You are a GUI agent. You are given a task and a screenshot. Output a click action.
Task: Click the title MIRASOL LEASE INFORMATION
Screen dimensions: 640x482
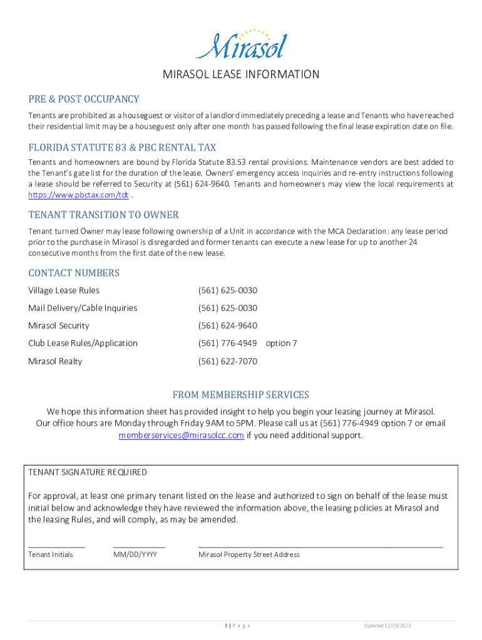[241, 75]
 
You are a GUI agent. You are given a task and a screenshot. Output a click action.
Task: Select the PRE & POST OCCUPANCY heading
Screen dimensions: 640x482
[84, 99]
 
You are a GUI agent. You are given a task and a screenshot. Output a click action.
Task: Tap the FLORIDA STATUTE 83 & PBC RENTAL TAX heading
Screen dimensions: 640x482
[122, 147]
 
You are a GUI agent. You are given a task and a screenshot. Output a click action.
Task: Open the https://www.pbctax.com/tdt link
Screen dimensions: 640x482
[78, 195]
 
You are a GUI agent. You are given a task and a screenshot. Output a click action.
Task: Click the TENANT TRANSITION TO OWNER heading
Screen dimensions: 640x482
[103, 215]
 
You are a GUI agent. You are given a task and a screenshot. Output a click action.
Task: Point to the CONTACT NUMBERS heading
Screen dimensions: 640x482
[74, 273]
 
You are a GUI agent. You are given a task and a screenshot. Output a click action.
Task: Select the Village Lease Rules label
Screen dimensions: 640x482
[64, 291]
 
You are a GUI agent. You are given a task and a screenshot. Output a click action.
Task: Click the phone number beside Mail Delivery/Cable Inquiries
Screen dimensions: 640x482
[227, 308]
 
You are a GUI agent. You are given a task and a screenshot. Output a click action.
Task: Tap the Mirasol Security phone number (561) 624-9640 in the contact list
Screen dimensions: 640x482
[227, 326]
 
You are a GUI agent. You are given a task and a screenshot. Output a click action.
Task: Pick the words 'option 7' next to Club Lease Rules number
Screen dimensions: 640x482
[281, 343]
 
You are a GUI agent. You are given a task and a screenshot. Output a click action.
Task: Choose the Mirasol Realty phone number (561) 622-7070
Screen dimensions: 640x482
[227, 361]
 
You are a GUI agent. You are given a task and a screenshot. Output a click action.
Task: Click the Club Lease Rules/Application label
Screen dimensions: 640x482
[83, 343]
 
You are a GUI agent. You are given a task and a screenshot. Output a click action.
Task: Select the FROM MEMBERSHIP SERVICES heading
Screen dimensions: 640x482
[241, 395]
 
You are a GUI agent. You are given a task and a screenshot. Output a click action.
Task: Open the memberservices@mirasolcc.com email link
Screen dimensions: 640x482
[182, 436]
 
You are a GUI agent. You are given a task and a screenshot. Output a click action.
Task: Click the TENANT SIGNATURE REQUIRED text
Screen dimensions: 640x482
[88, 472]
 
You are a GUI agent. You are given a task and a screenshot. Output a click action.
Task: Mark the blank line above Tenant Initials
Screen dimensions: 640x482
[56, 546]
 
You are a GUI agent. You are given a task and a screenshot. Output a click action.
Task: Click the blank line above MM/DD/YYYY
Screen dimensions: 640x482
[139, 546]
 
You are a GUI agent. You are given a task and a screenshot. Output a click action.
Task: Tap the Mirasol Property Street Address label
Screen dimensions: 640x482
[249, 554]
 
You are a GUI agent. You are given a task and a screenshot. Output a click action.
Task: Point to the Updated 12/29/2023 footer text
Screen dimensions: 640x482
[388, 626]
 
